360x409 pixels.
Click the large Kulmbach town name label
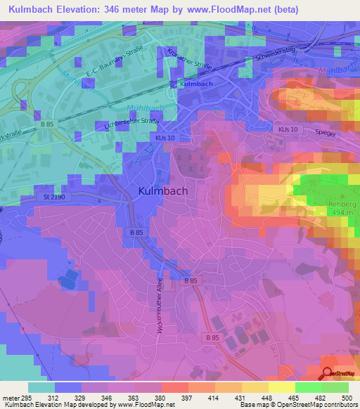162,190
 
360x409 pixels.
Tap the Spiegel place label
325,132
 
